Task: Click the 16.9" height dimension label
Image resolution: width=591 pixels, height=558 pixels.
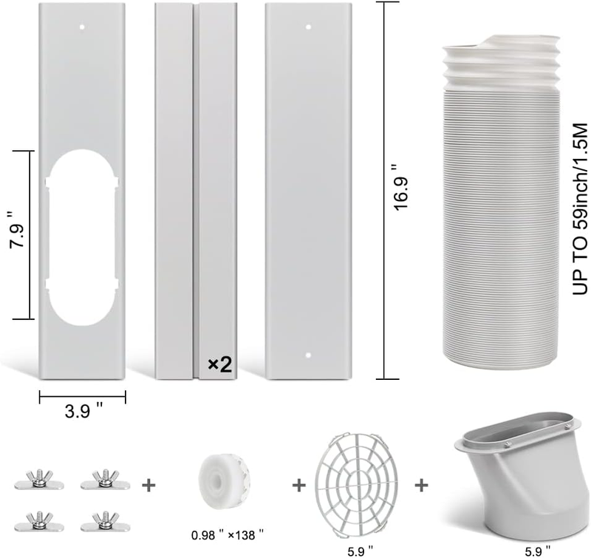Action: tap(401, 188)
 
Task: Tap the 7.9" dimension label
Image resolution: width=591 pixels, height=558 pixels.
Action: tap(18, 231)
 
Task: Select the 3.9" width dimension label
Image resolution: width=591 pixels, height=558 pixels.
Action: tap(83, 410)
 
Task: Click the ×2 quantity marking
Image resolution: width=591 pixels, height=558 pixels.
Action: tap(220, 364)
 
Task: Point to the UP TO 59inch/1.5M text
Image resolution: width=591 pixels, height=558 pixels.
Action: tap(580, 209)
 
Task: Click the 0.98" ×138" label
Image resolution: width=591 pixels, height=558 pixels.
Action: tap(227, 534)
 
